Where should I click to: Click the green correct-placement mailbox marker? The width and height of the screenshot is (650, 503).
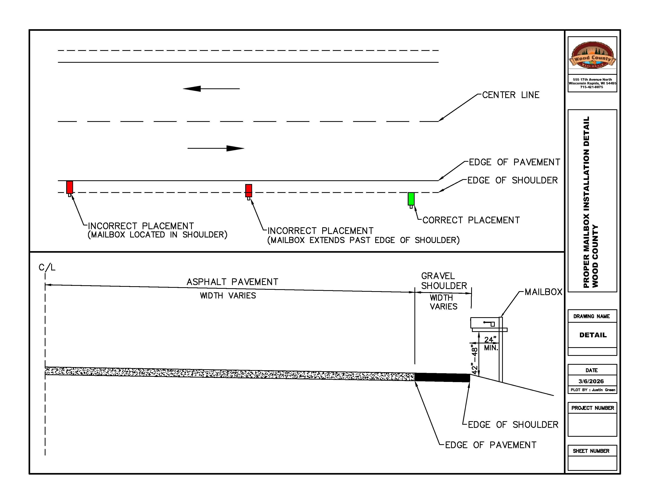pos(411,199)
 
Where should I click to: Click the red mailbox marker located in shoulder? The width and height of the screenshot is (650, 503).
pos(69,187)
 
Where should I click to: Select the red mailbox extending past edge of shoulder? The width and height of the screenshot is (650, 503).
pos(249,191)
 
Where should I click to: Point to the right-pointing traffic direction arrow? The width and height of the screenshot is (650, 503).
pos(216,148)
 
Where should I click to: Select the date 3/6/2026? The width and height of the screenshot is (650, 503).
pos(591,381)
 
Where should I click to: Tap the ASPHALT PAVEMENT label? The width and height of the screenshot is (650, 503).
pos(232,282)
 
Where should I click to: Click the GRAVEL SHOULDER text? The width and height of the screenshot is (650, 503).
pos(443,281)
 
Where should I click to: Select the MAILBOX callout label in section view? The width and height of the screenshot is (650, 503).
pos(543,292)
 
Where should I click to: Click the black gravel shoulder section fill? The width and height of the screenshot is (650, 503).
pos(442,378)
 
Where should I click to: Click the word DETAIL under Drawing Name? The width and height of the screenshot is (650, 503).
pos(592,335)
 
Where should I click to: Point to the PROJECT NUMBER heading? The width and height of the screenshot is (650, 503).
pos(592,408)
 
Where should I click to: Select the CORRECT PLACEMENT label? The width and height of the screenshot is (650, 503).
pos(471,220)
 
